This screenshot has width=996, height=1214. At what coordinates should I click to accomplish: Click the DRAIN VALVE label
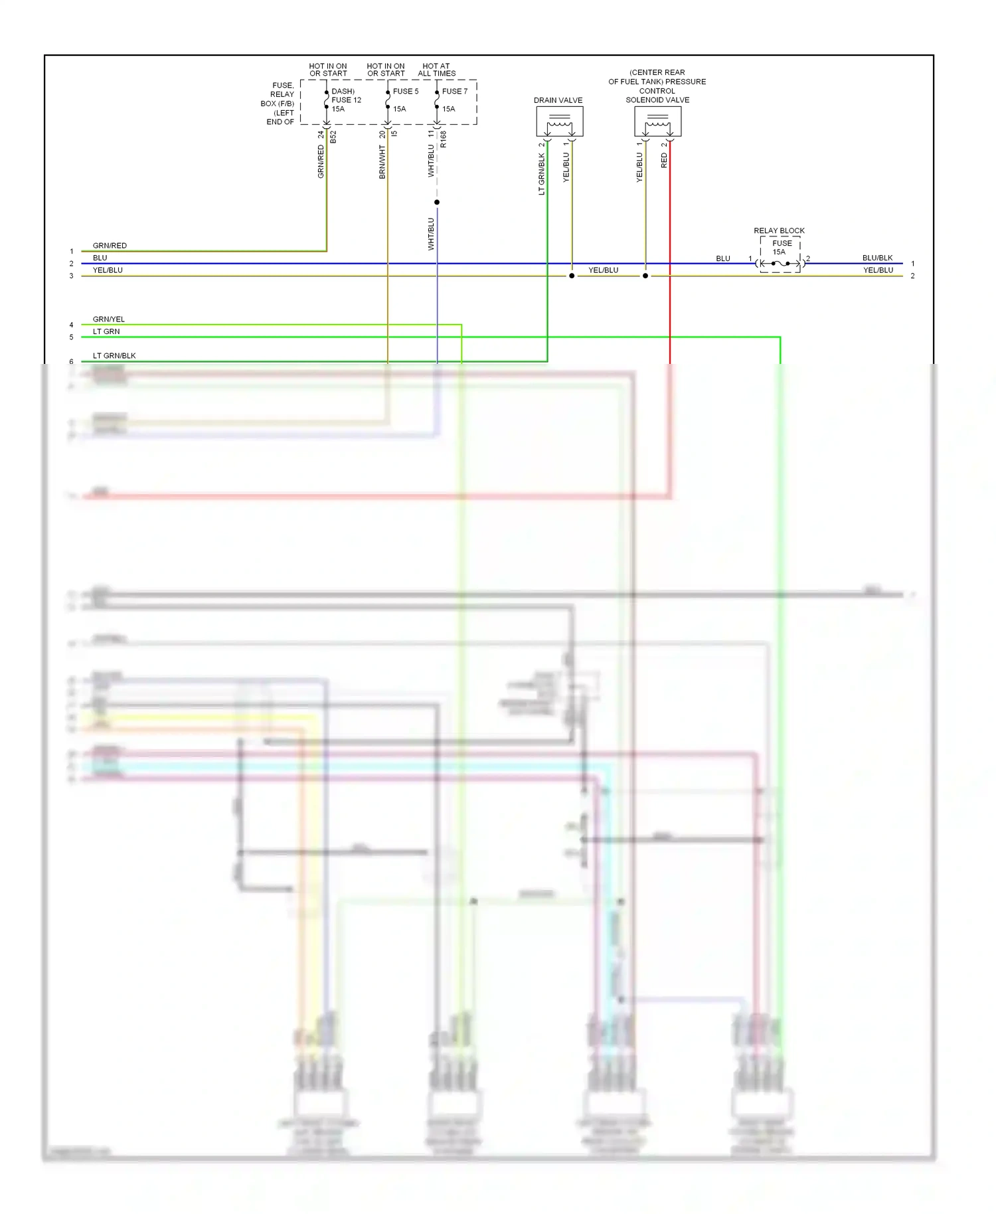point(558,100)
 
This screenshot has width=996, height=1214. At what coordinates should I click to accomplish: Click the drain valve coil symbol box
point(559,122)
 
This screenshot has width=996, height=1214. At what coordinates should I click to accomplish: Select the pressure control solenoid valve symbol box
point(657,122)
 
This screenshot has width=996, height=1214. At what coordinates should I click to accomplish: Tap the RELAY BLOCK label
point(779,230)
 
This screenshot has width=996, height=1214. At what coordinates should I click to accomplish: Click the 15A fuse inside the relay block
point(780,264)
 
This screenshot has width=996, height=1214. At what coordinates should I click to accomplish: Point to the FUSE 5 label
point(406,91)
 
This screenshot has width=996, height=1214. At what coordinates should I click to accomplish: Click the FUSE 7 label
point(455,91)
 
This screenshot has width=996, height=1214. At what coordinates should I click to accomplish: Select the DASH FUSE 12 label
point(345,100)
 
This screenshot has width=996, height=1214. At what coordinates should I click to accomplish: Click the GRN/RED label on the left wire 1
point(110,246)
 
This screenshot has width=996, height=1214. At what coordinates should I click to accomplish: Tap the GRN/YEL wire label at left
point(108,319)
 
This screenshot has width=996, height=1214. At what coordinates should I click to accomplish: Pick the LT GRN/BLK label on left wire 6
point(114,356)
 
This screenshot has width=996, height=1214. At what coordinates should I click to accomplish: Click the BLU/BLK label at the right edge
point(877,258)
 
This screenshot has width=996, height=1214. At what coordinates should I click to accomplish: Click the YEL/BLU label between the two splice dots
point(603,270)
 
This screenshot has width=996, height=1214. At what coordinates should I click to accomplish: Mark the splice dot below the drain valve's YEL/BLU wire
point(572,276)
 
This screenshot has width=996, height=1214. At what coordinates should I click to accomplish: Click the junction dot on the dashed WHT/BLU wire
point(437,202)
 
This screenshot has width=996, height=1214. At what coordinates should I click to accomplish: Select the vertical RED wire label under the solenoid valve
point(664,160)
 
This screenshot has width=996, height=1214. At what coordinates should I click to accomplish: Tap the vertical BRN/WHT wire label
point(382,163)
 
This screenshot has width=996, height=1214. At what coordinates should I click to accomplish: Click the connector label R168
point(443,139)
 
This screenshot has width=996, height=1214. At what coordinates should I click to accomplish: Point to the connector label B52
point(333,137)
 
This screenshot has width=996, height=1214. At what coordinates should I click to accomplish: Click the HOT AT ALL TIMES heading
point(436,70)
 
